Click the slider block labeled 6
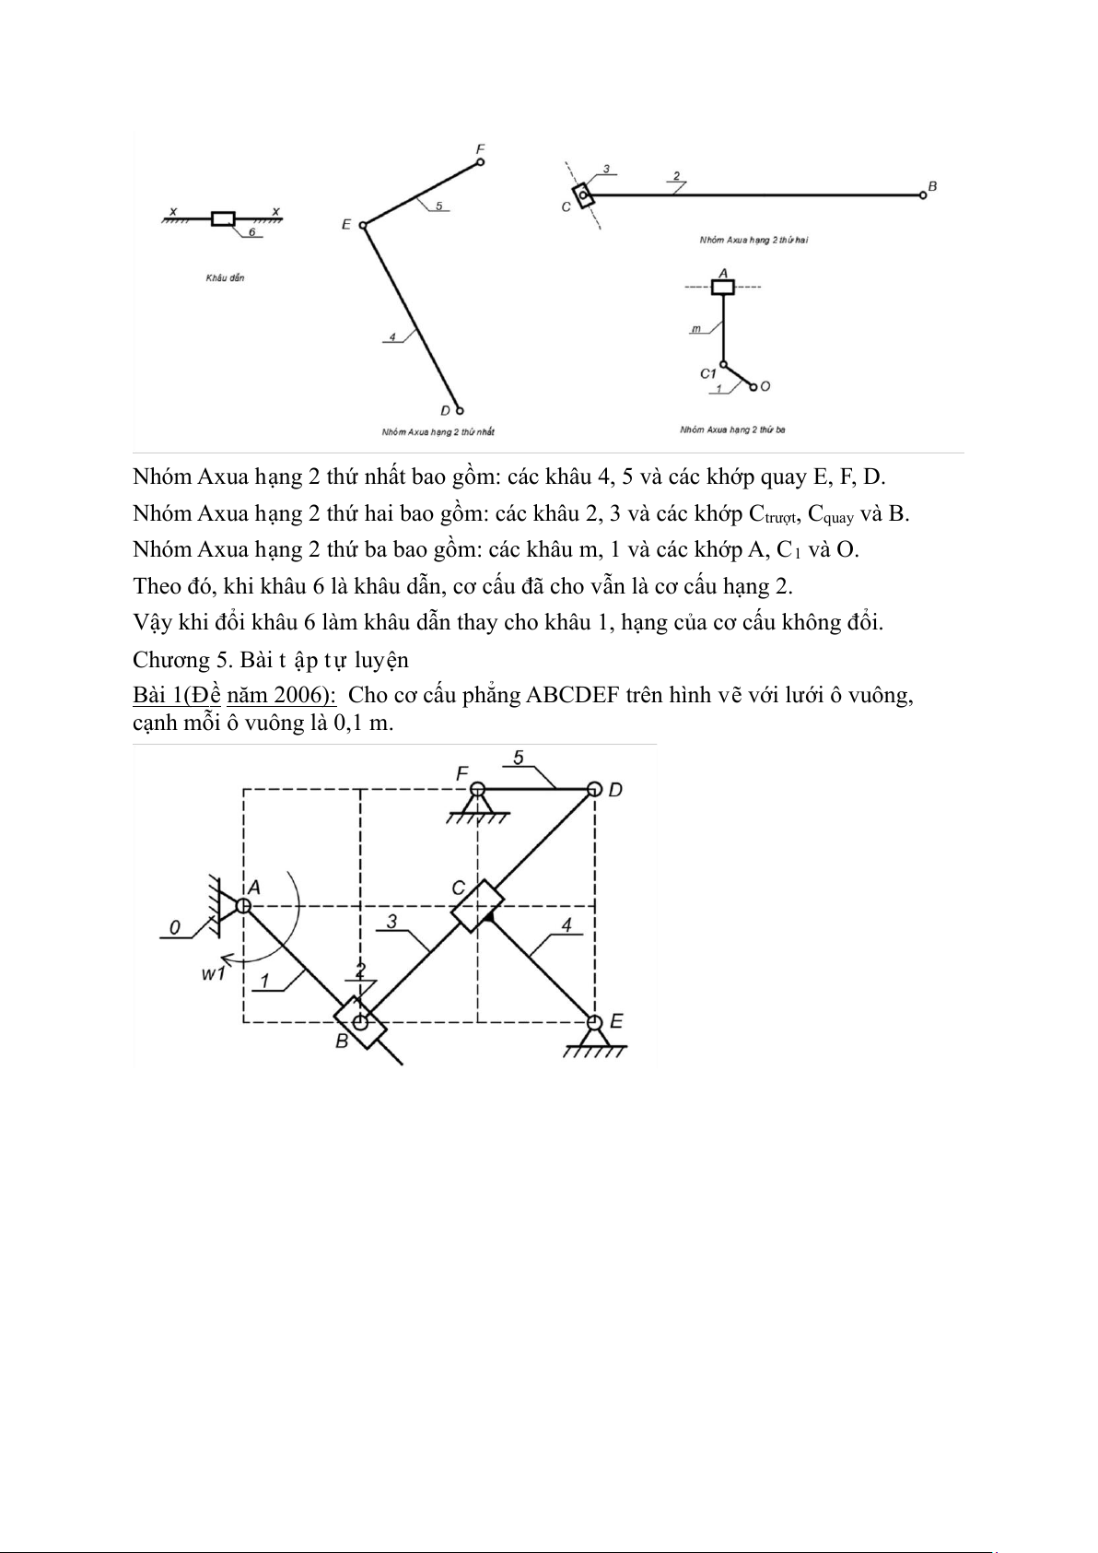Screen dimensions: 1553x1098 pyautogui.click(x=223, y=218)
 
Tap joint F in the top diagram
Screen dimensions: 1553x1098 pyautogui.click(x=480, y=162)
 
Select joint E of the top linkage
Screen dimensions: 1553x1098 pyautogui.click(x=363, y=225)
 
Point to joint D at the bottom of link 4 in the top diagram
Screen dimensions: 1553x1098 pyautogui.click(x=459, y=410)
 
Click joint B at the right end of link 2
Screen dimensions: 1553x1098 pyautogui.click(x=922, y=194)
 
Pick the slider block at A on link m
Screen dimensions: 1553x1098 pyautogui.click(x=723, y=287)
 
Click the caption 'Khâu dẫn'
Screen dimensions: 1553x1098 pyautogui.click(x=225, y=277)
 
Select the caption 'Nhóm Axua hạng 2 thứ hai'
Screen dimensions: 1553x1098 pyautogui.click(x=753, y=240)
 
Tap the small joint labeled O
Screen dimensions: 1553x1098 pyautogui.click(x=753, y=387)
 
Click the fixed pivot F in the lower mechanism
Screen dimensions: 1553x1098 pyautogui.click(x=477, y=790)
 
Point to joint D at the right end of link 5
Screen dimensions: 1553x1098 pyautogui.click(x=594, y=790)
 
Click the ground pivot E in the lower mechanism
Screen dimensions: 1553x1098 pyautogui.click(x=594, y=1022)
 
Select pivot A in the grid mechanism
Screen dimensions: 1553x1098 pyautogui.click(x=243, y=905)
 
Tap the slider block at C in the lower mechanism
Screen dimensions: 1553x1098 pyautogui.click(x=477, y=906)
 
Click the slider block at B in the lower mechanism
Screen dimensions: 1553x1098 pyautogui.click(x=360, y=1022)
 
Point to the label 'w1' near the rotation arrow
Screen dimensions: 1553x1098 pyautogui.click(x=214, y=972)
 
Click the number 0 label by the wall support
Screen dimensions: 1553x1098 pyautogui.click(x=175, y=927)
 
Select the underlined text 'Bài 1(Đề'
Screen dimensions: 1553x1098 pyautogui.click(x=177, y=695)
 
